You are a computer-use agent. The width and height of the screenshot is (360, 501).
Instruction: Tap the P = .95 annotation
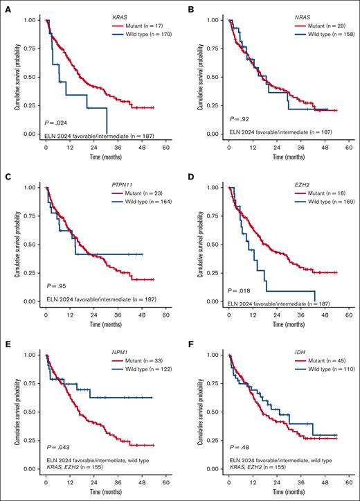coord(56,285)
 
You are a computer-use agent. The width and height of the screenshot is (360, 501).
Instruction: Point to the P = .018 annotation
coord(238,285)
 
